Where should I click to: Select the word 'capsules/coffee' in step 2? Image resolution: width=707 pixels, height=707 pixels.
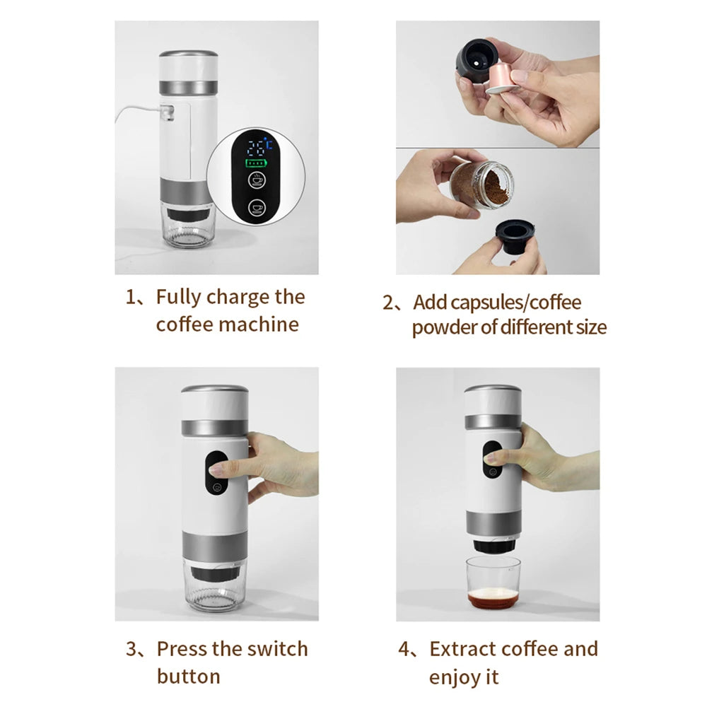point(498,303)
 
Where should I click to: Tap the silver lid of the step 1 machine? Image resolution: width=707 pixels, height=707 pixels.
point(188,54)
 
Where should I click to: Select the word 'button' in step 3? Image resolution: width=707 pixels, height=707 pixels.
point(188,676)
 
